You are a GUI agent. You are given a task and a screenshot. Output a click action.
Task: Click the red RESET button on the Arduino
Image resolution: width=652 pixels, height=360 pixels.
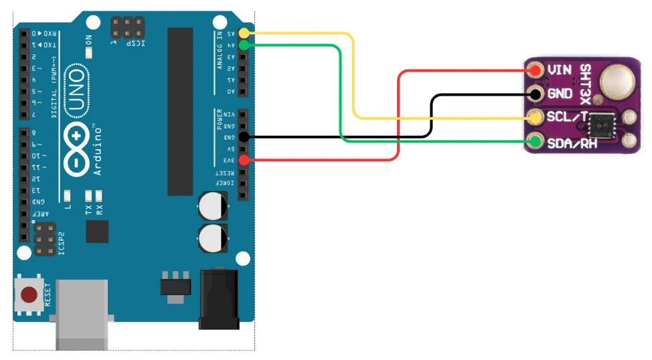[29, 295]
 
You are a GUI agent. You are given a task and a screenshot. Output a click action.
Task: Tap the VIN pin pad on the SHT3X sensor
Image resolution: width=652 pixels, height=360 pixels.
[536, 70]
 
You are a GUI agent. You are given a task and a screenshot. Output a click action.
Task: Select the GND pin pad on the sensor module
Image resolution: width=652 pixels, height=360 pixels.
[536, 94]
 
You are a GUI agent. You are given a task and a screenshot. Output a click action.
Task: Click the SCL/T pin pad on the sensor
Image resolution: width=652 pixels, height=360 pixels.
[536, 118]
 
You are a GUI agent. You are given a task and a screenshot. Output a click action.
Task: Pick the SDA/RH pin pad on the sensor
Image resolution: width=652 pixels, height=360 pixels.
[536, 141]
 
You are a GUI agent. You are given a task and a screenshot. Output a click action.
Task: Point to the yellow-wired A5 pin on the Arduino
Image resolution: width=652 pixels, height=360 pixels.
[244, 33]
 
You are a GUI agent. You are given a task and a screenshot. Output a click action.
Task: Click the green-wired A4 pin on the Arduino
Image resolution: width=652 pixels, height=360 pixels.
[244, 45]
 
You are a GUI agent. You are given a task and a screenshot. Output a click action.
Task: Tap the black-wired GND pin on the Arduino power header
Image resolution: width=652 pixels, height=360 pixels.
[244, 137]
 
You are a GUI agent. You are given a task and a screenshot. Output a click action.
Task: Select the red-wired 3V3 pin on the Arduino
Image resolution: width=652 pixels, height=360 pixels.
[244, 160]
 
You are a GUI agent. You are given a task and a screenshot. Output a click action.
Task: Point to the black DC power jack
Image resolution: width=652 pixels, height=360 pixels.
[219, 298]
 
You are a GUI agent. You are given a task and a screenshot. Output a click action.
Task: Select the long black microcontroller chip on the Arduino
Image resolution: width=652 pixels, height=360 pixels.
[180, 111]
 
